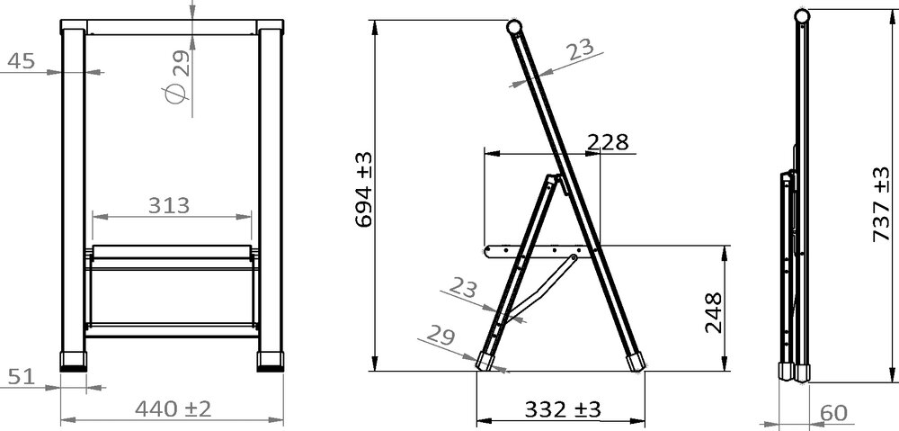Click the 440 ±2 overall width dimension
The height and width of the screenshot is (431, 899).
[173, 409]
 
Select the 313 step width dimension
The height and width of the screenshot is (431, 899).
[171, 205]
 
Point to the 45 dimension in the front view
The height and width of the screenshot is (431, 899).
[21, 60]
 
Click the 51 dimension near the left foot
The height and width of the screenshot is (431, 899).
[21, 376]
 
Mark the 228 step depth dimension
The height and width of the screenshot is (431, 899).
[607, 141]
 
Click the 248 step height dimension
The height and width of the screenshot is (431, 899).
[713, 311]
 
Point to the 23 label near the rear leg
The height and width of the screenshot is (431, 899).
[462, 289]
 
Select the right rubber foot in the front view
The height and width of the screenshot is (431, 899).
[270, 361]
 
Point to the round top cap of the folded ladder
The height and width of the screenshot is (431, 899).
[801, 15]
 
